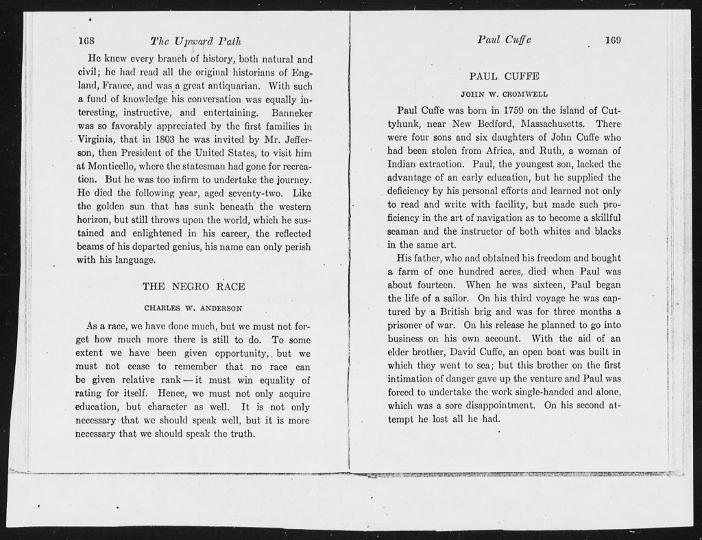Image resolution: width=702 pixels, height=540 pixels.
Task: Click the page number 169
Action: pyautogui.click(x=612, y=40)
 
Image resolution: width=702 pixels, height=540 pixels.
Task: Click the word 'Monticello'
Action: pyautogui.click(x=104, y=167)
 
